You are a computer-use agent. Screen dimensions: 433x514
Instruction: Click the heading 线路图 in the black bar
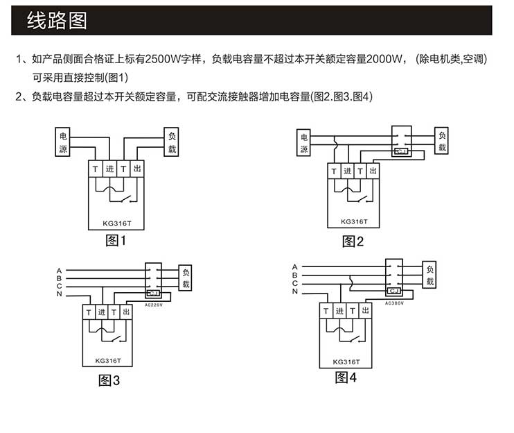57,21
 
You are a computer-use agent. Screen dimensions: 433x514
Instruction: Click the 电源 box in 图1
62,143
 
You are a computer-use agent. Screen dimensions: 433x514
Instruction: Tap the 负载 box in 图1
172,143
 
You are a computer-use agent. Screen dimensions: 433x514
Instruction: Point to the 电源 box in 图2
303,142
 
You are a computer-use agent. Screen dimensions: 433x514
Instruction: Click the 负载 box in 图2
442,141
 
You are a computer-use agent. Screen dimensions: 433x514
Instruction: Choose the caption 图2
353,241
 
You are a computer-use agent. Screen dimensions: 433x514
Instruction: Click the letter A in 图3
60,271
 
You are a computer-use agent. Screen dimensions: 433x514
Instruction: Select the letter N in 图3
60,296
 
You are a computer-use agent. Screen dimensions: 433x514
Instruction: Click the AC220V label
154,304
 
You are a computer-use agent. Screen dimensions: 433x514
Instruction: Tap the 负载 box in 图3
186,279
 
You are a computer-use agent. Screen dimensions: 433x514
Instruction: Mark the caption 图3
109,380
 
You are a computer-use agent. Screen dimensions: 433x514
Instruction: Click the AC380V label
393,303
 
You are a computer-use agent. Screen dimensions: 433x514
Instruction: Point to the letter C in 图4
294,283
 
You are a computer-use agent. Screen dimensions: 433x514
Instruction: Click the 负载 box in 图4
429,276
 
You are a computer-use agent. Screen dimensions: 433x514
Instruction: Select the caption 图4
345,377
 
